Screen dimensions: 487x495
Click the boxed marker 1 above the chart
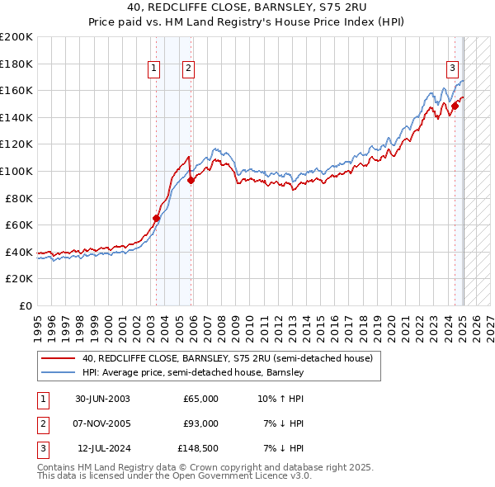[x=154, y=69]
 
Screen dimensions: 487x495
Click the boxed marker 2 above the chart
[x=189, y=69]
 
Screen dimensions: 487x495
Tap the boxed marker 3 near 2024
[x=453, y=69]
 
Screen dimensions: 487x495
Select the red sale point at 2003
[x=156, y=218]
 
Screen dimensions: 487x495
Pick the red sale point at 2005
[x=191, y=180]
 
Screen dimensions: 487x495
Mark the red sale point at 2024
[x=455, y=106]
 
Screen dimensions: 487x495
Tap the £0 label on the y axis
[x=25, y=305]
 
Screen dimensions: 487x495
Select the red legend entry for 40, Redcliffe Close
[x=228, y=359]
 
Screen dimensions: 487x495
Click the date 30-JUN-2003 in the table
[x=102, y=399]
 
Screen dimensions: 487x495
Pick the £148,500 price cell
[x=199, y=448]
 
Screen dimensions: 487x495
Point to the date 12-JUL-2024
[x=102, y=448]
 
